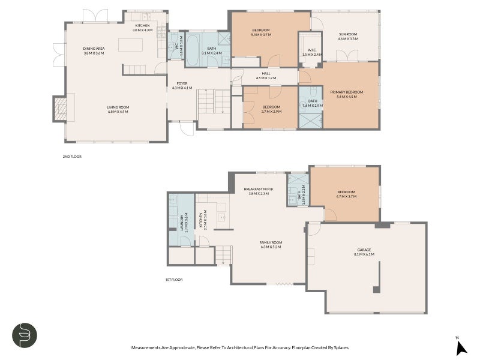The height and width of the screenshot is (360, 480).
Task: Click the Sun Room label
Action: click(x=348, y=35)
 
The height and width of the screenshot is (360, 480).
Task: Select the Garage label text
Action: click(x=364, y=253)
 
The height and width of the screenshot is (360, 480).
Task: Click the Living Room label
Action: click(x=118, y=107)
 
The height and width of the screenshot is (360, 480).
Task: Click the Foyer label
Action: click(x=182, y=84)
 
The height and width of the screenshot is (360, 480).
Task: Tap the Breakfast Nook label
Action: click(x=259, y=189)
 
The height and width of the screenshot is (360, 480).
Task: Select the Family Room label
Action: click(x=271, y=242)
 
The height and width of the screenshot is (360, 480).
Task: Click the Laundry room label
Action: click(x=181, y=223)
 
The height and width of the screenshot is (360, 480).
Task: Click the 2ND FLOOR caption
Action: click(x=72, y=157)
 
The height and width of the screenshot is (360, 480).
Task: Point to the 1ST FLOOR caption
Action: click(x=173, y=280)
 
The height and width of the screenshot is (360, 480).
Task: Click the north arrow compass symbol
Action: click(x=460, y=347)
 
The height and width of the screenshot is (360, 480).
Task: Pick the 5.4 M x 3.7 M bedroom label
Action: click(x=260, y=32)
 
